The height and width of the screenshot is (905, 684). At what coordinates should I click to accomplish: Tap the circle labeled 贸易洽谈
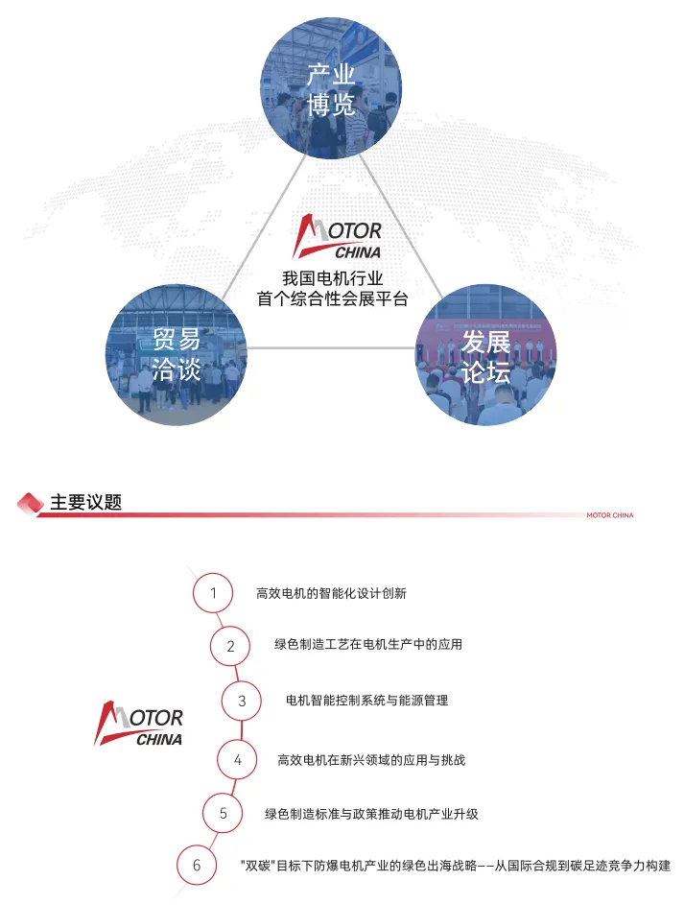pyautogui.click(x=176, y=354)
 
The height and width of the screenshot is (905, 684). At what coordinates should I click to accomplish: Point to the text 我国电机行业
pyautogui.click(x=332, y=278)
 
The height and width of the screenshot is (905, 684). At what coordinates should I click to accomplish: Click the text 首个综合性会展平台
pyautogui.click(x=332, y=299)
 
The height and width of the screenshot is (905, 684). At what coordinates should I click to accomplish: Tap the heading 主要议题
pyautogui.click(x=85, y=502)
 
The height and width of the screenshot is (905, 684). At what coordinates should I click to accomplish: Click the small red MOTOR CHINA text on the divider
pyautogui.click(x=609, y=515)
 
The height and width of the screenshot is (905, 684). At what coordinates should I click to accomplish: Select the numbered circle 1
pyautogui.click(x=213, y=593)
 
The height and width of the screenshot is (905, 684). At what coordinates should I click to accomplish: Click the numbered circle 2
pyautogui.click(x=230, y=646)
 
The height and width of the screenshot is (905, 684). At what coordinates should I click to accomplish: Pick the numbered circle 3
pyautogui.click(x=242, y=701)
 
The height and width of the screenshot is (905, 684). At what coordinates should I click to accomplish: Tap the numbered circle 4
pyautogui.click(x=237, y=760)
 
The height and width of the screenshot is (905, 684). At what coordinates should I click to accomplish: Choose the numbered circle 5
pyautogui.click(x=223, y=814)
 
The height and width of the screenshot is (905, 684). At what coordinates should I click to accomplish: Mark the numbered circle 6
pyautogui.click(x=197, y=866)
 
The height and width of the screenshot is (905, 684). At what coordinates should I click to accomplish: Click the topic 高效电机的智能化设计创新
pyautogui.click(x=331, y=593)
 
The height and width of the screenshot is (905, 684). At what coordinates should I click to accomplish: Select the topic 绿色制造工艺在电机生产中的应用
pyautogui.click(x=368, y=645)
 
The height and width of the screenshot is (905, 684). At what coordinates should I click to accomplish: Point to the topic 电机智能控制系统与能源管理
pyautogui.click(x=366, y=701)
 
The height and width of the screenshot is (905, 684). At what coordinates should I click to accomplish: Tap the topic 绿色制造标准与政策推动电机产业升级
pyautogui.click(x=371, y=814)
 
